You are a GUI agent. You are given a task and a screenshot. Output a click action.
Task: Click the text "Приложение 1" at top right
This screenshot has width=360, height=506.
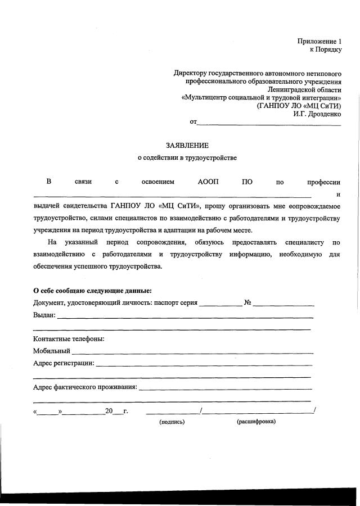point(319,41)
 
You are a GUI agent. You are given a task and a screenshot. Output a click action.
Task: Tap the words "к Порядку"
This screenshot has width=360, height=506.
point(326,49)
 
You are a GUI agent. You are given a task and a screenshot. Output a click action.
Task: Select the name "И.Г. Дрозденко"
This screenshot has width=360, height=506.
point(317,113)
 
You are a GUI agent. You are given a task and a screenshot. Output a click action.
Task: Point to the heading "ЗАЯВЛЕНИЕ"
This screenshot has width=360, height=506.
point(187,145)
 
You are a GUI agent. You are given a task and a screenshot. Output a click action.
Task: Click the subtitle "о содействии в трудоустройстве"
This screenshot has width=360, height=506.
point(187,158)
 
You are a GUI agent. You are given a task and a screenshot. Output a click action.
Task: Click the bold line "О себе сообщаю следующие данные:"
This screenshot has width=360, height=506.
point(92,291)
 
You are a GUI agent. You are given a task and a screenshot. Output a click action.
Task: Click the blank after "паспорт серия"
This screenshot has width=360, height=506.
point(220,304)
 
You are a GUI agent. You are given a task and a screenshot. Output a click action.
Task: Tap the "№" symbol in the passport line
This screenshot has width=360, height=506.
point(247,302)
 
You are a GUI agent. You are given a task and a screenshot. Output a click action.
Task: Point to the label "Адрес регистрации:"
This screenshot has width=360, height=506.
point(64,363)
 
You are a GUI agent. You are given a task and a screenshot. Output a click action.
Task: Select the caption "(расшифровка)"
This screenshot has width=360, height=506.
point(256,421)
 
